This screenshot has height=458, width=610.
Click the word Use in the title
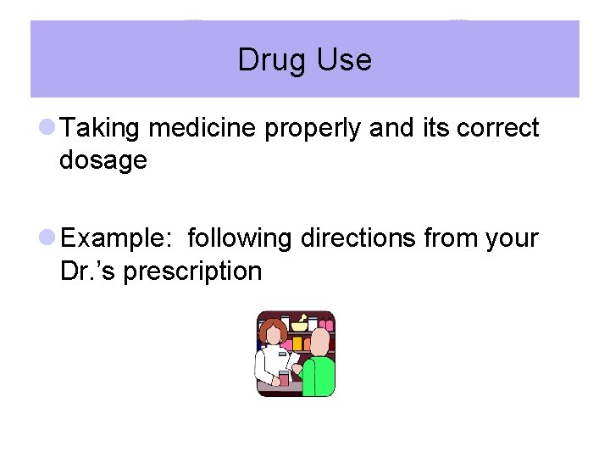point(343,60)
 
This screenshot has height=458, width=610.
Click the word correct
point(497,129)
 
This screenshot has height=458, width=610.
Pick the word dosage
point(103,161)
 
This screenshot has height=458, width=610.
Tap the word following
point(240,239)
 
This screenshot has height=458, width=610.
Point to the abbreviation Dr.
point(76,271)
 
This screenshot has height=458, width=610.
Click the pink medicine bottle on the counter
point(284,378)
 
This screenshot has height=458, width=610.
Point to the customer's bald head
point(320,341)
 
